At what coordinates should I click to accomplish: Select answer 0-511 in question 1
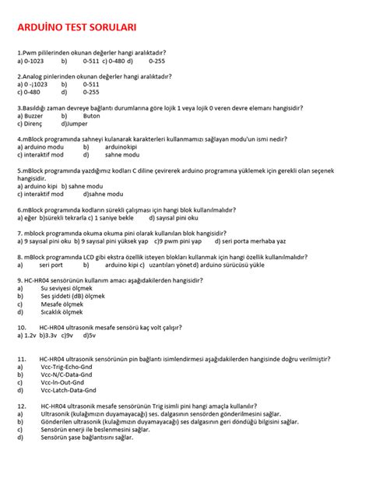click(x=91, y=60)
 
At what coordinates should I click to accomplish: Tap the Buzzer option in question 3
click(x=35, y=115)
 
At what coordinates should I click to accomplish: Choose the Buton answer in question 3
click(x=92, y=115)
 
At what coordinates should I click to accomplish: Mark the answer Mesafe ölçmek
click(x=65, y=304)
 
